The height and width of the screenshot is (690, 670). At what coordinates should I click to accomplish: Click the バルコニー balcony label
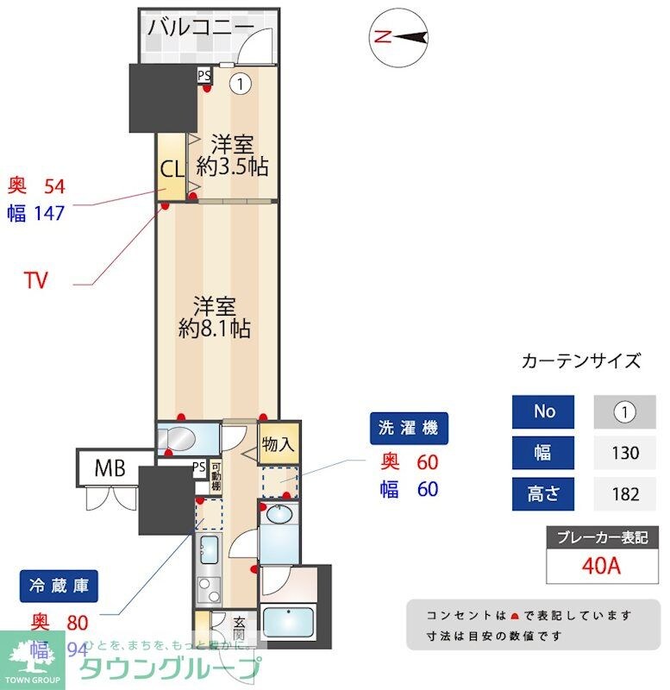click(200, 27)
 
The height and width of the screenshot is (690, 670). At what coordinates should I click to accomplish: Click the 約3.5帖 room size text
click(231, 166)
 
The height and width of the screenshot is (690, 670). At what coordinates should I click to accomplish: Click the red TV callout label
click(35, 280)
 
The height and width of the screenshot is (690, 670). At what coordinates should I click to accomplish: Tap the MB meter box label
click(110, 469)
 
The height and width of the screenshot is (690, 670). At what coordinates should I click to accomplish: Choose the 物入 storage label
click(278, 445)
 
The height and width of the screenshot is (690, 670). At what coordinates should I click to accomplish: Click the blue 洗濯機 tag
click(410, 427)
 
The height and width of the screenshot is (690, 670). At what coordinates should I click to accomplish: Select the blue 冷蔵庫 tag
click(59, 586)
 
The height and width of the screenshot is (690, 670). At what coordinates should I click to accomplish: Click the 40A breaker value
click(596, 566)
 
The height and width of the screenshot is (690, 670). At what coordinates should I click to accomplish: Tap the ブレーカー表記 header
click(596, 536)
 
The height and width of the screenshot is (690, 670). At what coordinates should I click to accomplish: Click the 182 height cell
click(624, 494)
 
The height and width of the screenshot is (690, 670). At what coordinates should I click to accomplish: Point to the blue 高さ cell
click(543, 494)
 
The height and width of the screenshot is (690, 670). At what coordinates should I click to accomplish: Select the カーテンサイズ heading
click(581, 361)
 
